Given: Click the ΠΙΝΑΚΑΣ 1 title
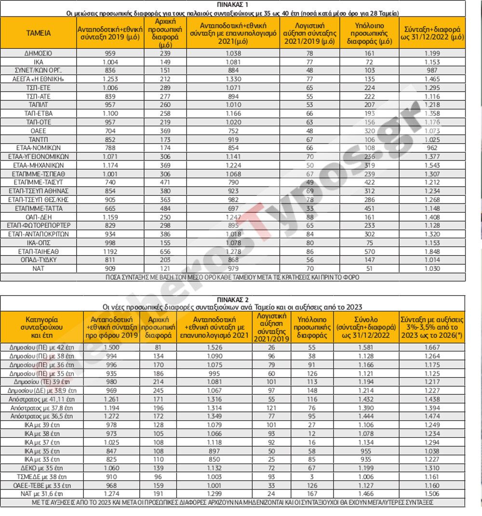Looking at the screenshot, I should click(232, 5).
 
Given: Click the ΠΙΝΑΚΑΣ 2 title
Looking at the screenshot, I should click(232, 299).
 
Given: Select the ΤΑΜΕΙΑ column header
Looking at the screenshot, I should click(38, 33).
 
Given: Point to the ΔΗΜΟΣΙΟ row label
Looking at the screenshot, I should click(38, 54).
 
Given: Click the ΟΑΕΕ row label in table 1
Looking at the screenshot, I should click(38, 131).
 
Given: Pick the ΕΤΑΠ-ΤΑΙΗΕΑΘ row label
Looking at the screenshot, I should click(38, 251).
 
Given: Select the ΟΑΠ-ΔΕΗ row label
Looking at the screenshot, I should click(38, 217).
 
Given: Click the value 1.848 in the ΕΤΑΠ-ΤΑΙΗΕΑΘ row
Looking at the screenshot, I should click(432, 251).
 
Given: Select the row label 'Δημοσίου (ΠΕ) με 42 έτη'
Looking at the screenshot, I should click(41, 347).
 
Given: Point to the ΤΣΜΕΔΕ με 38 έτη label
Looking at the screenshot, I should click(41, 476).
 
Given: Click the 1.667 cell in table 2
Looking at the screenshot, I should click(432, 347).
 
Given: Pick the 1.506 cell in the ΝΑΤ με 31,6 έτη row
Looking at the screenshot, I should click(432, 493).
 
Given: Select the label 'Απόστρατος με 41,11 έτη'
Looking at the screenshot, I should click(41, 399).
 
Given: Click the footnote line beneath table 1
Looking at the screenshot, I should click(232, 277).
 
